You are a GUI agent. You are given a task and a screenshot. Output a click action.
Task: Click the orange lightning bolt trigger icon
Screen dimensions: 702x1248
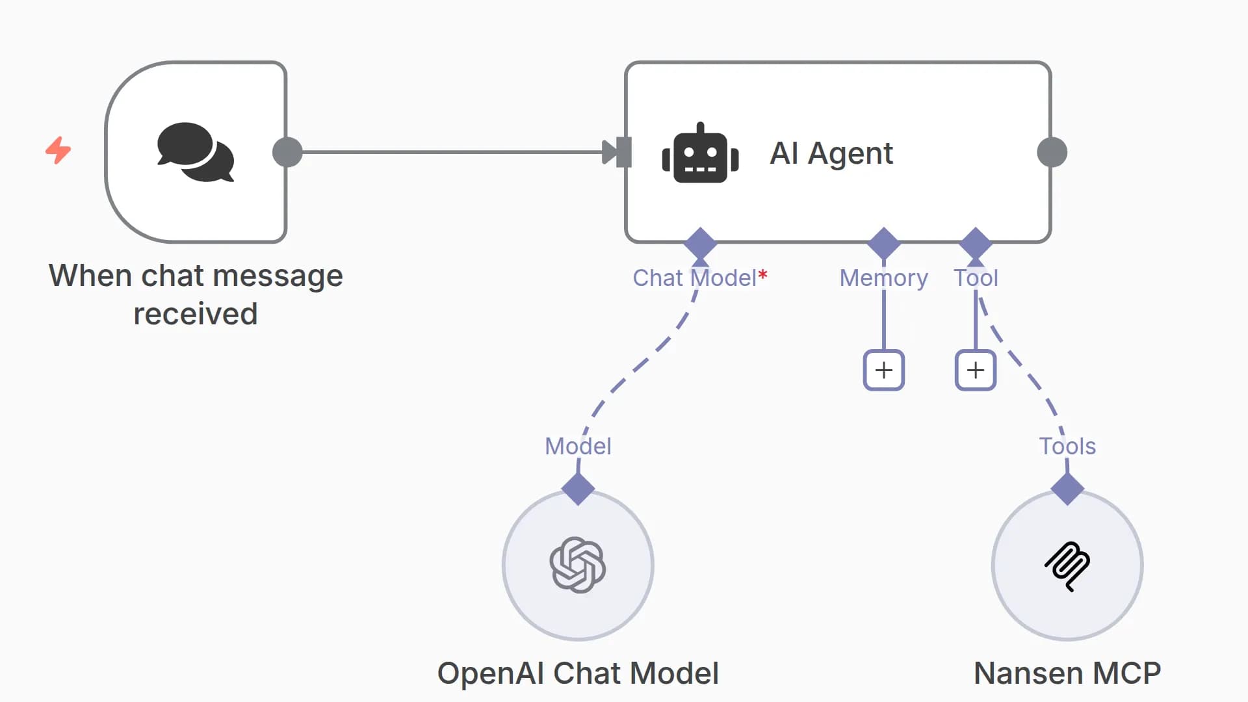pyautogui.click(x=58, y=150)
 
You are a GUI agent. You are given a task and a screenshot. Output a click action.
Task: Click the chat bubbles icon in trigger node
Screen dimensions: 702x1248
pyautogui.click(x=195, y=152)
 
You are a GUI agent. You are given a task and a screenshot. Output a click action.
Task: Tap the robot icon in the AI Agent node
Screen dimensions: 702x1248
pyautogui.click(x=700, y=153)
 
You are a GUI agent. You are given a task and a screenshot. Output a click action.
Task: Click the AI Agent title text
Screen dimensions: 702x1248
pyautogui.click(x=831, y=153)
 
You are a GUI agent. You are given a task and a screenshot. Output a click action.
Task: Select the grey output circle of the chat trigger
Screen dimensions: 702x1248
pyautogui.click(x=287, y=152)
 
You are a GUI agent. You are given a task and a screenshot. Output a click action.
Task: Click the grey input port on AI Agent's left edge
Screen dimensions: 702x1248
pyautogui.click(x=623, y=152)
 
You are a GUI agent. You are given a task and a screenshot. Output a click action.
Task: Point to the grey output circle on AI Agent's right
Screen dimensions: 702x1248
pyautogui.click(x=1052, y=152)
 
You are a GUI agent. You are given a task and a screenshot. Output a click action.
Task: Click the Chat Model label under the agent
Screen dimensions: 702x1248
pyautogui.click(x=694, y=278)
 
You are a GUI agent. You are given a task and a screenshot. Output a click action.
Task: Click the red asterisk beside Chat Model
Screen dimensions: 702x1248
pyautogui.click(x=763, y=275)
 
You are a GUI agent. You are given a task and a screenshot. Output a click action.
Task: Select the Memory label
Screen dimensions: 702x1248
pyautogui.click(x=883, y=278)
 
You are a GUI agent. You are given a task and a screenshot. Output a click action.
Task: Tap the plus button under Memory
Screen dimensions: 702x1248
pyautogui.click(x=883, y=370)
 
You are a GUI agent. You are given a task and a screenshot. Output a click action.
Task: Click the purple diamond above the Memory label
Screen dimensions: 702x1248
pyautogui.click(x=883, y=244)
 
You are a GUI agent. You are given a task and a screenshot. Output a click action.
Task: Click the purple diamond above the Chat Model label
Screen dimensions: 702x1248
pyautogui.click(x=700, y=244)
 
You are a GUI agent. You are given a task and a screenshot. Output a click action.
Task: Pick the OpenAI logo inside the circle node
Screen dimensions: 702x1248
pyautogui.click(x=577, y=565)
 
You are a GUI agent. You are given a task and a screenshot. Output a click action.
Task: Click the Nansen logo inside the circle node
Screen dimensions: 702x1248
pyautogui.click(x=1067, y=565)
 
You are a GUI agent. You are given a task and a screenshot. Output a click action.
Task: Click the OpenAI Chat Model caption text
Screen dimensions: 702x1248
pyautogui.click(x=577, y=673)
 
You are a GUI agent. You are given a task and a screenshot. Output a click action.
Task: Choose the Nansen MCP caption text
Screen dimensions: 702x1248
pyautogui.click(x=1067, y=673)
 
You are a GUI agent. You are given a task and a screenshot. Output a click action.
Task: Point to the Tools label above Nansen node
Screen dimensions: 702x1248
pyautogui.click(x=1067, y=447)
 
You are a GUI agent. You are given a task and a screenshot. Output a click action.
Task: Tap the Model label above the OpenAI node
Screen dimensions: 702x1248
pyautogui.click(x=577, y=447)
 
